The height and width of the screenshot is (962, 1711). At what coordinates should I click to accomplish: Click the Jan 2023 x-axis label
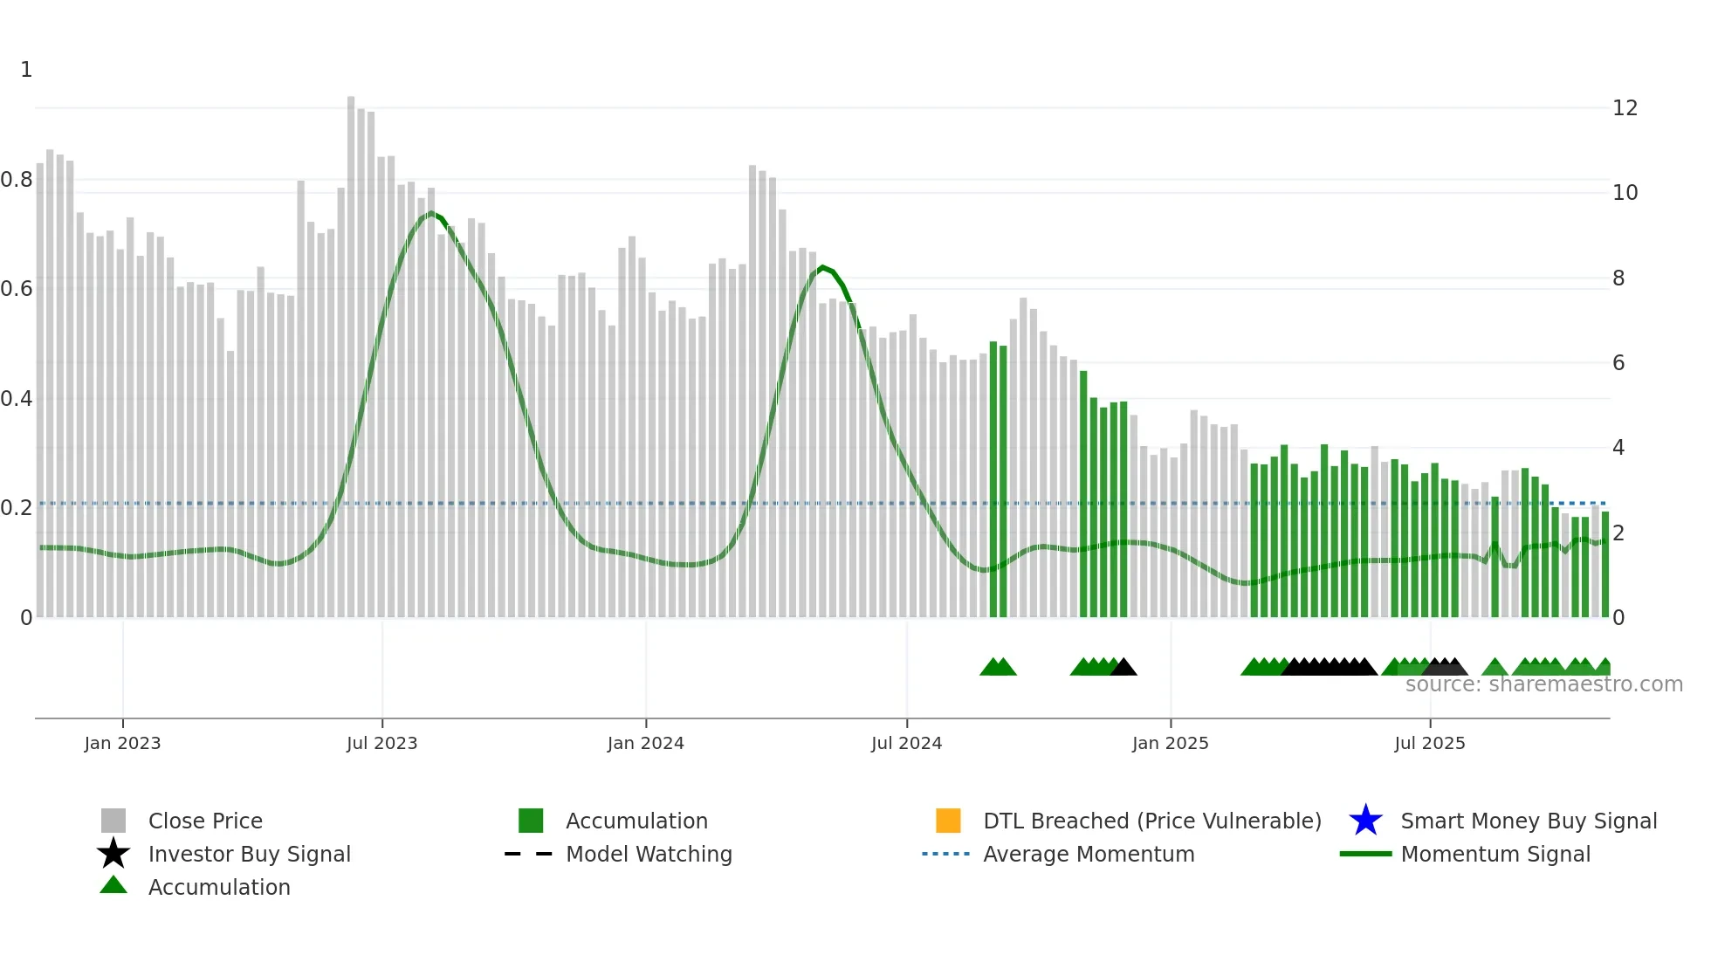[122, 743]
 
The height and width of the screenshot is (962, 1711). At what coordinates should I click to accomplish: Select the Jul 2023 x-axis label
[381, 743]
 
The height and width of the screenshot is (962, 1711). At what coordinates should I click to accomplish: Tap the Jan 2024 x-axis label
[645, 743]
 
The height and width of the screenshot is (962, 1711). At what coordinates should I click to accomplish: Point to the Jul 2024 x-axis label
[906, 743]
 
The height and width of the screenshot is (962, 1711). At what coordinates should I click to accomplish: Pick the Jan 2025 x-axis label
[1170, 743]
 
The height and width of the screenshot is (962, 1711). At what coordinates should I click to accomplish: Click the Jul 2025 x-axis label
[1429, 743]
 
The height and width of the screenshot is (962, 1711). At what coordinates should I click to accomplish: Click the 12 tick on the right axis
[1625, 108]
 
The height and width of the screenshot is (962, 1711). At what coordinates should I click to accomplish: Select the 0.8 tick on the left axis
[17, 180]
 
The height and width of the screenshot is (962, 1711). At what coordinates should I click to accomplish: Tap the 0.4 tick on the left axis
[17, 399]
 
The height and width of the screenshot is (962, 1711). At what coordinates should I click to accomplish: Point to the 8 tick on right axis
[1618, 278]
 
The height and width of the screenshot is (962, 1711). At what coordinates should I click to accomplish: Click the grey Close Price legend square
[113, 821]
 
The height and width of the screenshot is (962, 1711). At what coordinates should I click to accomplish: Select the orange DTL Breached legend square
[948, 821]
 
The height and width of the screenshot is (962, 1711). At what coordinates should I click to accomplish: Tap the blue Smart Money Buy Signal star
[1365, 821]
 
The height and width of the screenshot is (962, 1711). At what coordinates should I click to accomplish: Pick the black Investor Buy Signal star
[113, 854]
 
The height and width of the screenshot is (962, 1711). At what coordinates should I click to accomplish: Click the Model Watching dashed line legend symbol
[529, 854]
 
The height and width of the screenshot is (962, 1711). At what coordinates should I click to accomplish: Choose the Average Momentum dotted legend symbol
[946, 854]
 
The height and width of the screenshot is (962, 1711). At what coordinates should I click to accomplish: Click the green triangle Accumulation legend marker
[113, 886]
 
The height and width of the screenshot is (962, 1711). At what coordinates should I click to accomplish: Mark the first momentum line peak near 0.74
[430, 213]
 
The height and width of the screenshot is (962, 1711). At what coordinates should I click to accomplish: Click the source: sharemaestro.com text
[1543, 684]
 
